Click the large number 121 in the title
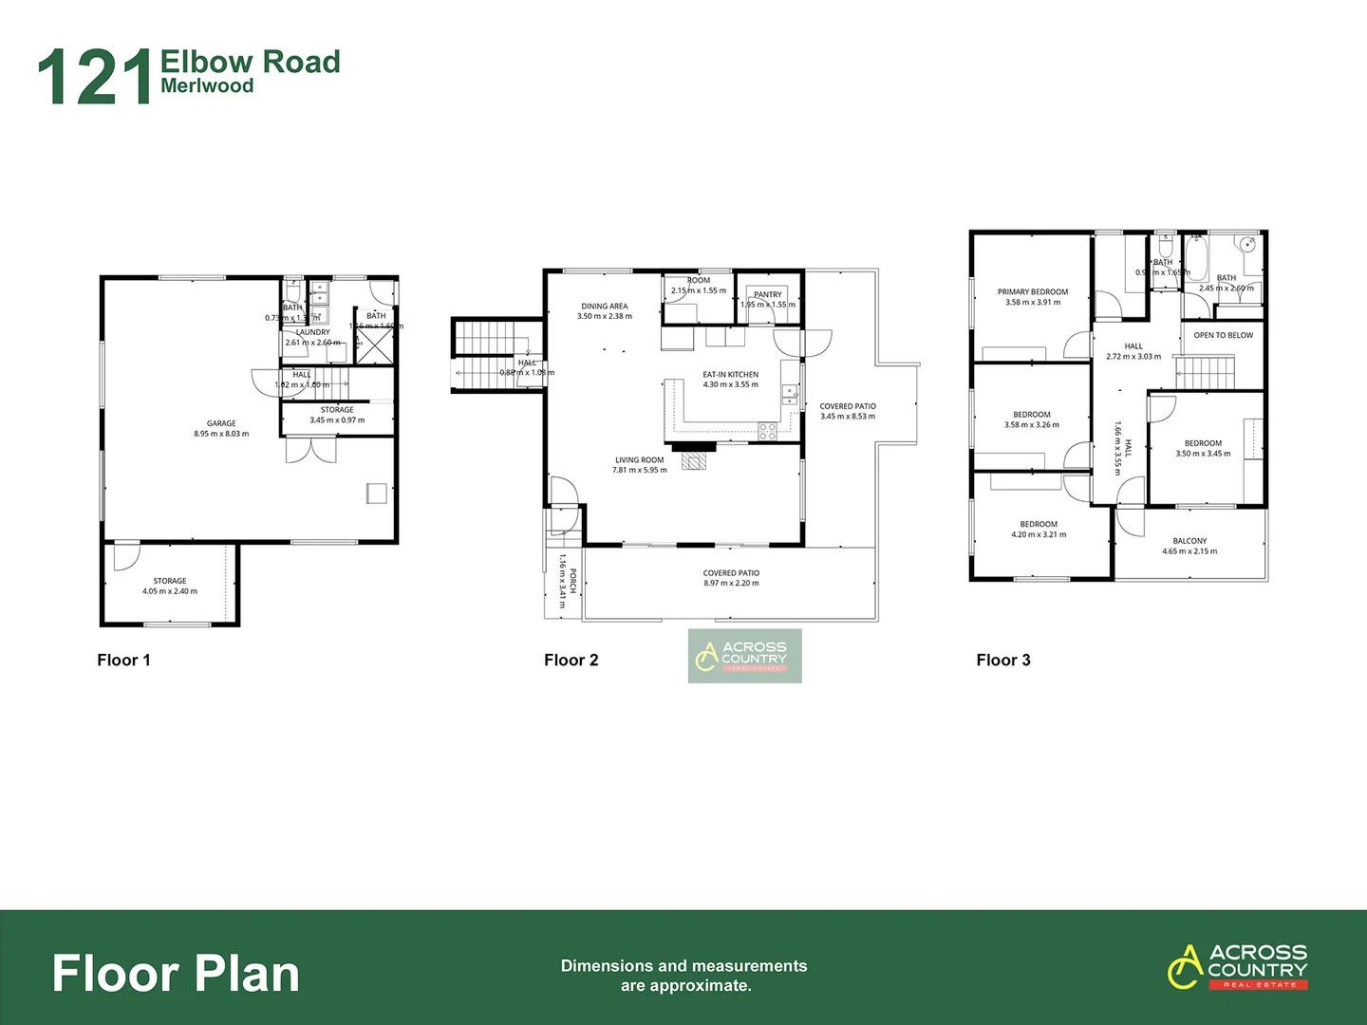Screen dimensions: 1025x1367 (95, 77)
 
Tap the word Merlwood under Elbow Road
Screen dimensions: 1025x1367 (207, 86)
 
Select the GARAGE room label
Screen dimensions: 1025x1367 (221, 423)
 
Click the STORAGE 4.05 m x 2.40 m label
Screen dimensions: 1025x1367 (170, 586)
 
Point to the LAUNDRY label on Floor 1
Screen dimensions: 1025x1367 (312, 332)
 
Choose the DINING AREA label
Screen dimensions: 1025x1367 (604, 307)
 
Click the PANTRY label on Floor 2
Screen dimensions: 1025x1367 (768, 294)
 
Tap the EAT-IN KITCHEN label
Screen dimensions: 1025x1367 (730, 375)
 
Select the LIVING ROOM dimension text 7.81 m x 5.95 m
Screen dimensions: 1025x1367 (639, 470)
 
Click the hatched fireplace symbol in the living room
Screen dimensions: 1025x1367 (694, 461)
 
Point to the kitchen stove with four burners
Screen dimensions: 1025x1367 (767, 432)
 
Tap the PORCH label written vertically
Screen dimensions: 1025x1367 (572, 581)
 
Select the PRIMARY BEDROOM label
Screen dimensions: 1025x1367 (1032, 292)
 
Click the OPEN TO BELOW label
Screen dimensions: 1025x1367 (1223, 335)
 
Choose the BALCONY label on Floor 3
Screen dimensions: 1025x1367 (1189, 541)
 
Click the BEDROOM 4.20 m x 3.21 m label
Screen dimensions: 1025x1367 (1039, 529)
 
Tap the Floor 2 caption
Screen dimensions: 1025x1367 (571, 660)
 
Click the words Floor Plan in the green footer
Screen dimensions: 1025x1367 (176, 974)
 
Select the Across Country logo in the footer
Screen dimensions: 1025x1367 (1238, 966)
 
